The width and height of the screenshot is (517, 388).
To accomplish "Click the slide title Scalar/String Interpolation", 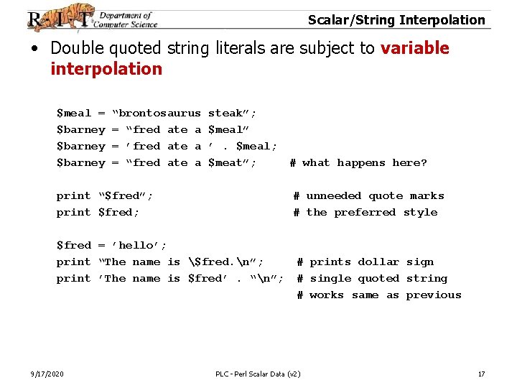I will (396, 19).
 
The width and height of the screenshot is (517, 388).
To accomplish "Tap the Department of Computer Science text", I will (127, 19).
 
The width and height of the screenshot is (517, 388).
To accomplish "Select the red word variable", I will (414, 48).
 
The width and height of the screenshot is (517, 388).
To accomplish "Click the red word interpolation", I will (106, 69).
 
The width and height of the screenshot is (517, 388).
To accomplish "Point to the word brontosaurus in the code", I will (159, 113).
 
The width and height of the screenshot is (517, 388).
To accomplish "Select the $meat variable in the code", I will (228, 162).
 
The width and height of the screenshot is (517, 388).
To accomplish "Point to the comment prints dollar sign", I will (371, 262).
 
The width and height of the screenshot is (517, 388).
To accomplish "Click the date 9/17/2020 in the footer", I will (47, 374).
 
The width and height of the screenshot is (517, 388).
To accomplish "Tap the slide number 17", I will (481, 374).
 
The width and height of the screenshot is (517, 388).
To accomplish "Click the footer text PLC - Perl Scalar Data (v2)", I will (258, 374).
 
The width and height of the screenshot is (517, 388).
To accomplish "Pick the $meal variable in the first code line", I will (74, 113).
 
